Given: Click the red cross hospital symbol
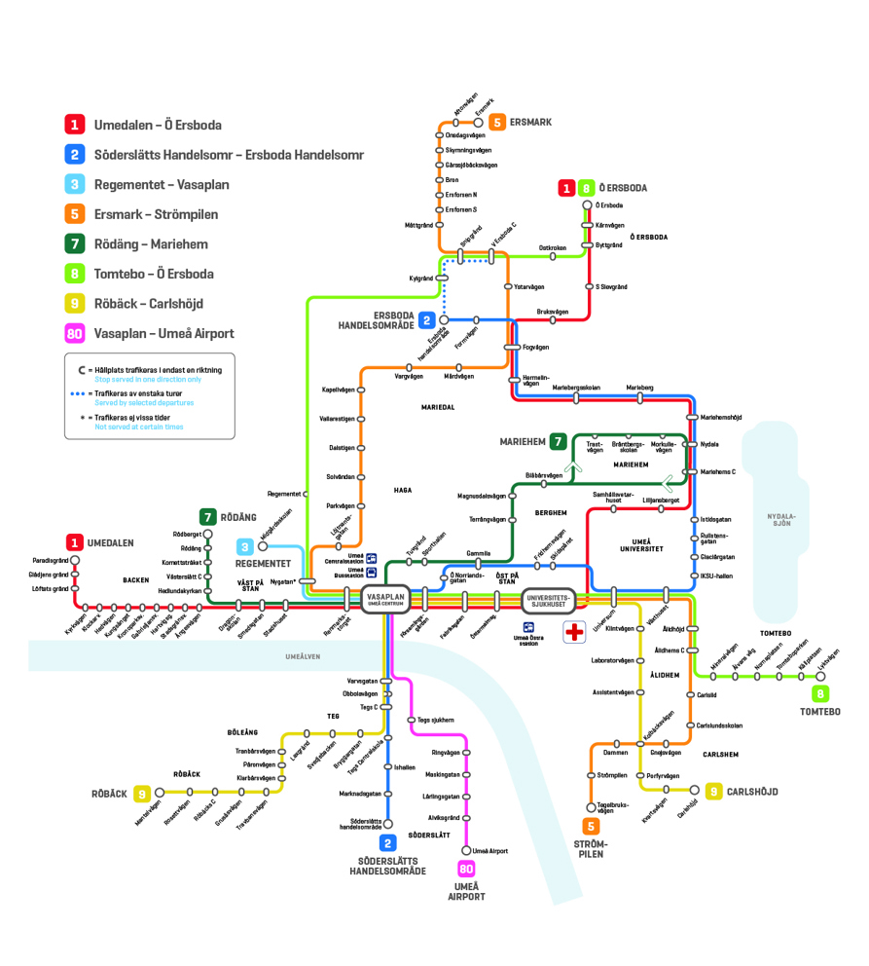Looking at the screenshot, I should pyautogui.click(x=574, y=629).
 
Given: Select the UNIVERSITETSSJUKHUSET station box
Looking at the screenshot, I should pyautogui.click(x=552, y=599).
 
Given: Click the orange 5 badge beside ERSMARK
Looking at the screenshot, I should pyautogui.click(x=496, y=123).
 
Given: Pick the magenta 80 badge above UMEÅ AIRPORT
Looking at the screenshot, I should pyautogui.click(x=466, y=870).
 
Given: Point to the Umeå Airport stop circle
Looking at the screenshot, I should pyautogui.click(x=466, y=851).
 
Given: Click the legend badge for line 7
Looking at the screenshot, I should pyautogui.click(x=75, y=244).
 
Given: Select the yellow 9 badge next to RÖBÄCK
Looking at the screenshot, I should pyautogui.click(x=143, y=794).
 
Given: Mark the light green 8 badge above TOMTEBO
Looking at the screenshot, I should pyautogui.click(x=821, y=693).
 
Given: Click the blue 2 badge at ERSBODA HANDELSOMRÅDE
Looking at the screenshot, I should pyautogui.click(x=427, y=319).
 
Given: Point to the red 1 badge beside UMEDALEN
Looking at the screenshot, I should pyautogui.click(x=75, y=542).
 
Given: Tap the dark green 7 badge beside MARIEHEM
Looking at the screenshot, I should pyautogui.click(x=558, y=441).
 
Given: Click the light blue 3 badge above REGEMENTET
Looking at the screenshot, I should pyautogui.click(x=247, y=546).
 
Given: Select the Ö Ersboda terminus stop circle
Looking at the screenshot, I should pyautogui.click(x=587, y=205).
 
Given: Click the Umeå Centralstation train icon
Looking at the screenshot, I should pyautogui.click(x=372, y=559).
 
